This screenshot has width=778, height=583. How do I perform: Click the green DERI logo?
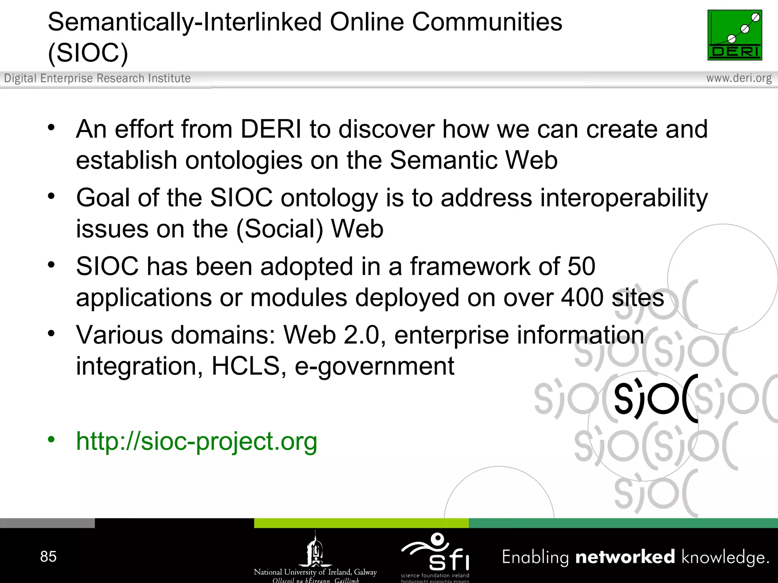click(x=734, y=35)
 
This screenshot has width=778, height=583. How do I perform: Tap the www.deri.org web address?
click(x=738, y=78)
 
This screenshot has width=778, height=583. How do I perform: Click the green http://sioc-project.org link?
click(x=196, y=441)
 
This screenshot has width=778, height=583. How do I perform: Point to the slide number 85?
click(x=48, y=557)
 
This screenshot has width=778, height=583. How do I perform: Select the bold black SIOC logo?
click(x=656, y=399)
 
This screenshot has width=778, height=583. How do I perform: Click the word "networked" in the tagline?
click(x=625, y=557)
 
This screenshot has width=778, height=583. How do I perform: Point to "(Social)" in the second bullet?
click(x=279, y=229)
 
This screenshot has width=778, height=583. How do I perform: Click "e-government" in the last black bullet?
click(x=374, y=367)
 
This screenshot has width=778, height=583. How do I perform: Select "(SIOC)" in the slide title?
click(x=88, y=52)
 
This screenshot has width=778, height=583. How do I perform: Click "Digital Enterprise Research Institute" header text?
click(x=97, y=78)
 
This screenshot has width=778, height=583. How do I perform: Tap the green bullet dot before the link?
click(x=51, y=440)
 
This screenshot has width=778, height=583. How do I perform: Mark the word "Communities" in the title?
click(x=487, y=22)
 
